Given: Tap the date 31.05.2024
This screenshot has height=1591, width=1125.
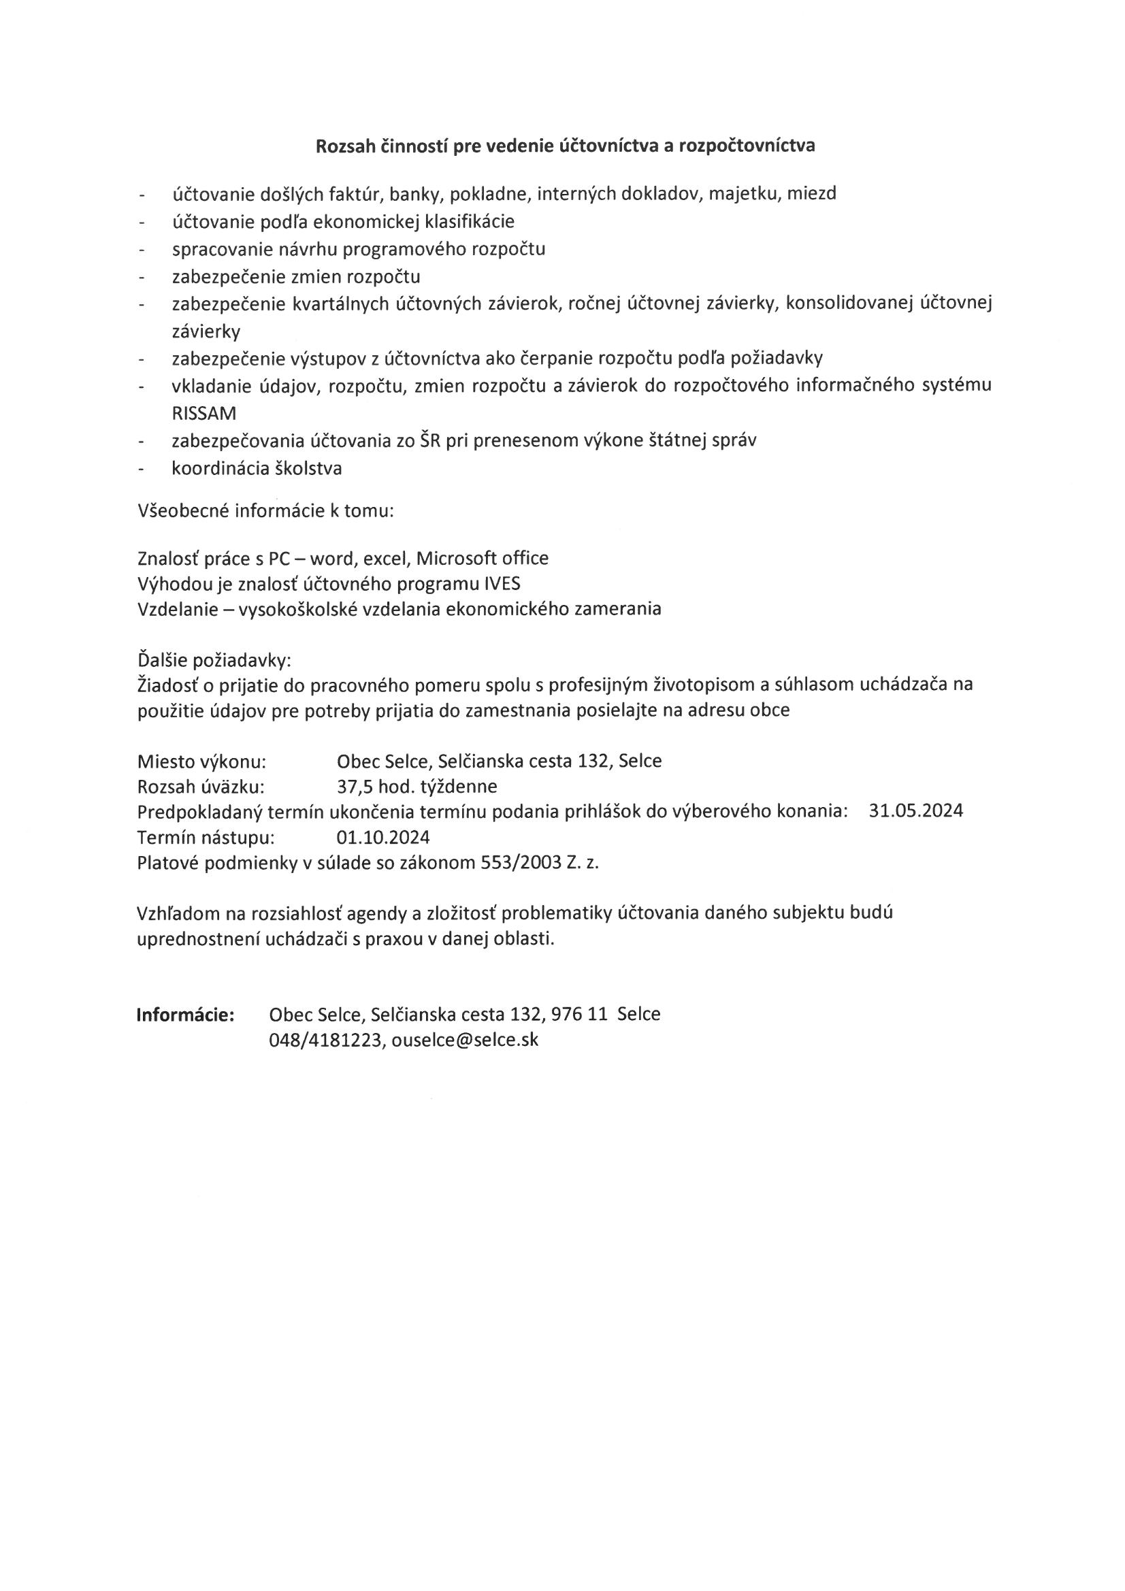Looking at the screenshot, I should click(915, 810).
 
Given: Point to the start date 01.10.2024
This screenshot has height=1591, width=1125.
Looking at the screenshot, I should click(382, 837).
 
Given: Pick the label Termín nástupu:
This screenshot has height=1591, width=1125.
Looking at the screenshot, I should click(206, 837).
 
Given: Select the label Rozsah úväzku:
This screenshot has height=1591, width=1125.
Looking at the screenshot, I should click(201, 787).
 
